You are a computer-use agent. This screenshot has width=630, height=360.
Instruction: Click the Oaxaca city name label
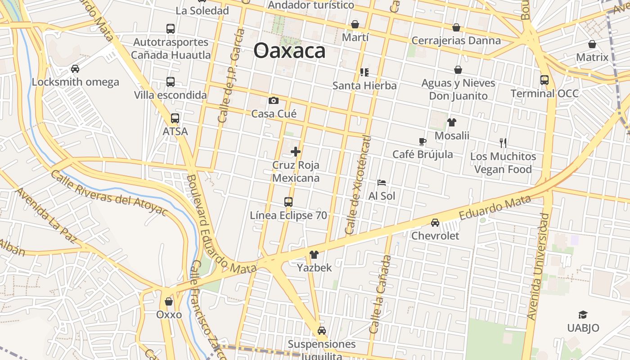(x=289, y=50)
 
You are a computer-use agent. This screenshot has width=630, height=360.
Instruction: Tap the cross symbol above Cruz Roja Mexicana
(x=296, y=152)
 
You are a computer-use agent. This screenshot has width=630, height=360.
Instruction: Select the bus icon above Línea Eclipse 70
(x=288, y=202)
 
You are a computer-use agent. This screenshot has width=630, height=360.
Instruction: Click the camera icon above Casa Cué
(x=274, y=100)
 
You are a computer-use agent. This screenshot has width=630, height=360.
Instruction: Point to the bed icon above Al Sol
(x=382, y=183)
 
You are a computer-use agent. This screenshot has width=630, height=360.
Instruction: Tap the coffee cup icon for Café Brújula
(x=423, y=141)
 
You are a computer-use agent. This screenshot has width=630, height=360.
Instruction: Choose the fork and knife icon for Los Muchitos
(x=503, y=143)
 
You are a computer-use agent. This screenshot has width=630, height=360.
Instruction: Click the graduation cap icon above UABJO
(x=583, y=315)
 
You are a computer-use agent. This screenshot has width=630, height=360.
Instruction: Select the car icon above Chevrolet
(x=435, y=222)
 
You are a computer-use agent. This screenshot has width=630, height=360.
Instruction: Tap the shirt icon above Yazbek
(x=314, y=255)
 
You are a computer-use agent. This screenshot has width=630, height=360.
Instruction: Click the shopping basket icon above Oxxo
(x=169, y=301)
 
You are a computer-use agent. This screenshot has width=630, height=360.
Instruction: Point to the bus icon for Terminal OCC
(x=544, y=80)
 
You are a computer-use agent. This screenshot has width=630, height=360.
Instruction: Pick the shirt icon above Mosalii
(x=452, y=122)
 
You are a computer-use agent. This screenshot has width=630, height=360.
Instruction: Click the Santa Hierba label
(x=364, y=85)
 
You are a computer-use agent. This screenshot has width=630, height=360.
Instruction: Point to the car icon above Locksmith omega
(x=75, y=69)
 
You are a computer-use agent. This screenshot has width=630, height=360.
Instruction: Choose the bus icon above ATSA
(x=175, y=118)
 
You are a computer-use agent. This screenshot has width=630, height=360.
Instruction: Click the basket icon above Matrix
(x=592, y=44)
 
